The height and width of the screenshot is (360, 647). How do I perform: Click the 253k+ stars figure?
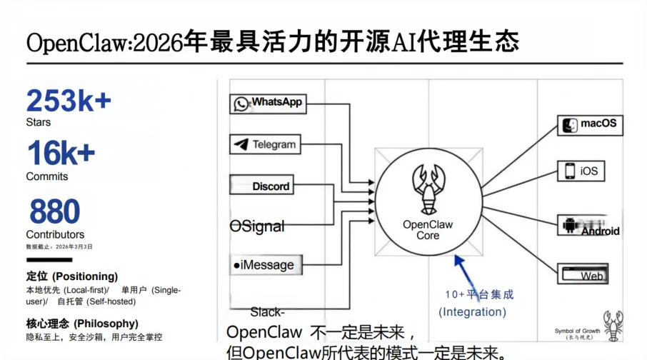[69, 101]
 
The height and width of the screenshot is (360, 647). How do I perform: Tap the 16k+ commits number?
[61, 154]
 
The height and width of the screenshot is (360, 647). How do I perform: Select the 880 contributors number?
[55, 212]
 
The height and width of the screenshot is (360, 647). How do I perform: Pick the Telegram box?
[265, 144]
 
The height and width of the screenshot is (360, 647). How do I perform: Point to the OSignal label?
[257, 226]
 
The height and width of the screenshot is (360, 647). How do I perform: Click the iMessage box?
[264, 265]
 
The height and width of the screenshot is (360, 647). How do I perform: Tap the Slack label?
[267, 312]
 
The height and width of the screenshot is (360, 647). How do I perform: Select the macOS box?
[588, 124]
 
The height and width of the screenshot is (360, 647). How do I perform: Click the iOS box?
[581, 171]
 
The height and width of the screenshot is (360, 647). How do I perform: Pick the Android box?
[590, 226]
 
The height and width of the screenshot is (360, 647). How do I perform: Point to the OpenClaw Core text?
[428, 229]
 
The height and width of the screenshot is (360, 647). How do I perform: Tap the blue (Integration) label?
[473, 312]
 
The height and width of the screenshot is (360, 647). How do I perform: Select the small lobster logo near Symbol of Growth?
[613, 326]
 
